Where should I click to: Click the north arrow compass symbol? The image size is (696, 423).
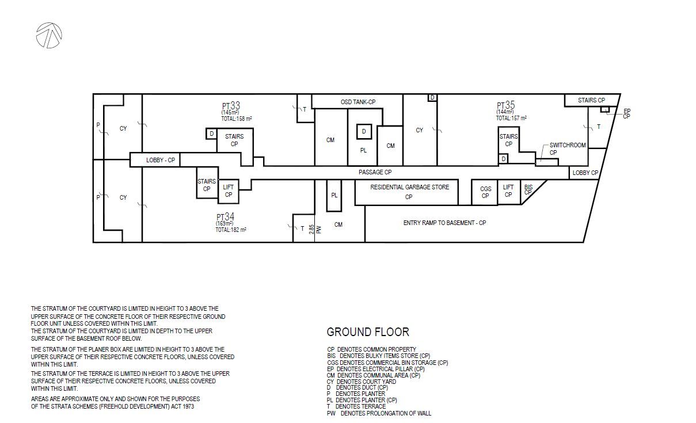click(x=49, y=35)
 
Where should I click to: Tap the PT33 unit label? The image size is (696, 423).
click(x=231, y=105)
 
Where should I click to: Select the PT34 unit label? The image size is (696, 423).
click(x=225, y=216)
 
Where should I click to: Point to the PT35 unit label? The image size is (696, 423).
click(x=506, y=105)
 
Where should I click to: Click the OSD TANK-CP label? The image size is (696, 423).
click(x=358, y=102)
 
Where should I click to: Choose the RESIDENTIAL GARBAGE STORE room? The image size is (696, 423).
click(x=406, y=192)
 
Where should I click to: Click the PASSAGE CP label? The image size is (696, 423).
click(x=375, y=172)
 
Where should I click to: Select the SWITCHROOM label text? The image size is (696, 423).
click(x=568, y=145)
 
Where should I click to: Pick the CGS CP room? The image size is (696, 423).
click(x=485, y=192)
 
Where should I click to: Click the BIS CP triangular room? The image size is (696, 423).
click(x=529, y=189)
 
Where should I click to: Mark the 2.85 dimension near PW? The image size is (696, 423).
click(x=311, y=229)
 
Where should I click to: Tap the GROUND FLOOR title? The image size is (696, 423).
click(x=368, y=332)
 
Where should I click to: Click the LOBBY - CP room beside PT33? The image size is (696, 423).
click(x=155, y=160)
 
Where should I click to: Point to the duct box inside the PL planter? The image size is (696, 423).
click(x=364, y=131)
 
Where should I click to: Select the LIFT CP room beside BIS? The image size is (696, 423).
click(x=509, y=192)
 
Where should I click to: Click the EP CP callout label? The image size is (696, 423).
click(x=627, y=114)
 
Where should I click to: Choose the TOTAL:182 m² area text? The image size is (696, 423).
click(x=231, y=230)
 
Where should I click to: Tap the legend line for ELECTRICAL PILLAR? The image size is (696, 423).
click(x=376, y=369)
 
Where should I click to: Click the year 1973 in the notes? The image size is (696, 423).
click(x=188, y=406)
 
